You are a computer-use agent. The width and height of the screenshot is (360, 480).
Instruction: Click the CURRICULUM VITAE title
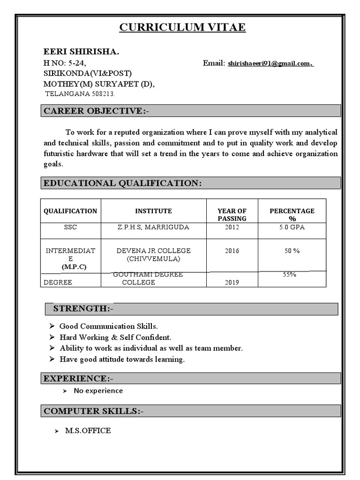tap(182, 28)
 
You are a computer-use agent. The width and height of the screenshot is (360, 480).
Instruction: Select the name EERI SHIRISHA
tap(81, 52)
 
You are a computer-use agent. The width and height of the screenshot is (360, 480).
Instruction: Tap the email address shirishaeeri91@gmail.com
tap(270, 63)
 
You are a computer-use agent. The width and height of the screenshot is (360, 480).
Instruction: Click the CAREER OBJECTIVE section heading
tap(97, 111)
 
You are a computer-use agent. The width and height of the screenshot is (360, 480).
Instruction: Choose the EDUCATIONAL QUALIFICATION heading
tap(122, 183)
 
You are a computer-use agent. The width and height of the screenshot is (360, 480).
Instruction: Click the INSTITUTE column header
tap(153, 211)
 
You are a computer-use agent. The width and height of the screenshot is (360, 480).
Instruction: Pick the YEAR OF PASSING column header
tap(232, 215)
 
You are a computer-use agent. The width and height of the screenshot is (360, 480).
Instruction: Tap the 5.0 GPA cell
tap(292, 227)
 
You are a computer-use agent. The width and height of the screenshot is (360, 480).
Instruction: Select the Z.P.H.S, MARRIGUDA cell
tap(153, 227)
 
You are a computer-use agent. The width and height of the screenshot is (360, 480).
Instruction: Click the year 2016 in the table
tap(232, 251)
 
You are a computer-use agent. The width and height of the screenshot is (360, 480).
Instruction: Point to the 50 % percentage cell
tap(292, 251)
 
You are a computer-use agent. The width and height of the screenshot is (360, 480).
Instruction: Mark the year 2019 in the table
tap(232, 282)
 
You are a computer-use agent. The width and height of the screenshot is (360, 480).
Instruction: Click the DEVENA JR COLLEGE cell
tap(153, 255)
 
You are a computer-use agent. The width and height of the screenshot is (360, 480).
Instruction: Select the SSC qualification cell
tap(70, 227)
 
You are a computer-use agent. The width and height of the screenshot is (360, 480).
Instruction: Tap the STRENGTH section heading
tap(83, 308)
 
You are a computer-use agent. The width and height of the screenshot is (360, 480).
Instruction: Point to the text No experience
tap(98, 390)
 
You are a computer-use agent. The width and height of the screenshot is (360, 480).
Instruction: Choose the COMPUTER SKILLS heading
tap(94, 411)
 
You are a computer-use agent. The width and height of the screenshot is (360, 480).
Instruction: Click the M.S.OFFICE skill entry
tap(88, 430)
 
